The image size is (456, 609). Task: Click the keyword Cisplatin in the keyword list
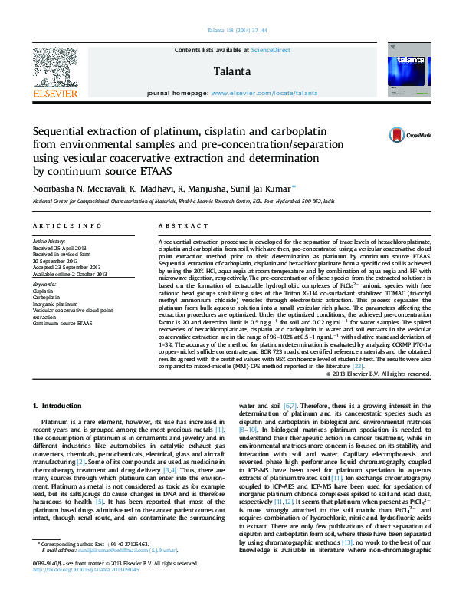point(43,291)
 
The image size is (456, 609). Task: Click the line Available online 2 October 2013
point(70,274)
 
